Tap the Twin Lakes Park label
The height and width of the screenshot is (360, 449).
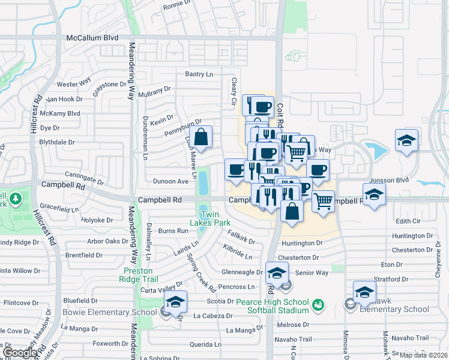[x=214, y=219]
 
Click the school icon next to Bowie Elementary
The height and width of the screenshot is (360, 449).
[x=175, y=301]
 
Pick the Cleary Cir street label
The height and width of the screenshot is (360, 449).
[x=234, y=92]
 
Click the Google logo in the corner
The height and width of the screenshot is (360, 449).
[x=21, y=353]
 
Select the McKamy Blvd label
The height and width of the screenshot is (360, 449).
[x=61, y=113]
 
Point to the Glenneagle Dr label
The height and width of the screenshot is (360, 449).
[x=242, y=272]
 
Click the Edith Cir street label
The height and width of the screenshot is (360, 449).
[x=408, y=221]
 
